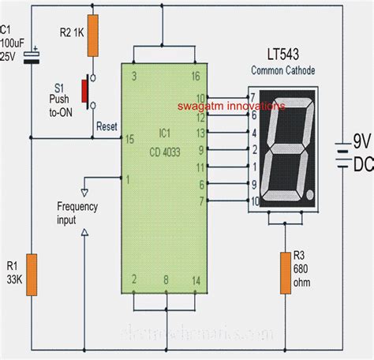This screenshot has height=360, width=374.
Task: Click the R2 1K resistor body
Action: point(92,36)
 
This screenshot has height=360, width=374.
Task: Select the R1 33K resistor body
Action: point(31,275)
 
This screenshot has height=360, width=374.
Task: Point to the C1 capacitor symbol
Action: point(31,57)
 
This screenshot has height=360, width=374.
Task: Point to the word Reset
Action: point(107,126)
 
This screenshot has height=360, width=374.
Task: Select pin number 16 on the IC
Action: point(195,77)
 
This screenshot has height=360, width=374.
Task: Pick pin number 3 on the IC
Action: point(133,77)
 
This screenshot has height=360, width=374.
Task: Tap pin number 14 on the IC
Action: point(195,280)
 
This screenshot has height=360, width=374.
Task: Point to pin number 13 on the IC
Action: point(201,133)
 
